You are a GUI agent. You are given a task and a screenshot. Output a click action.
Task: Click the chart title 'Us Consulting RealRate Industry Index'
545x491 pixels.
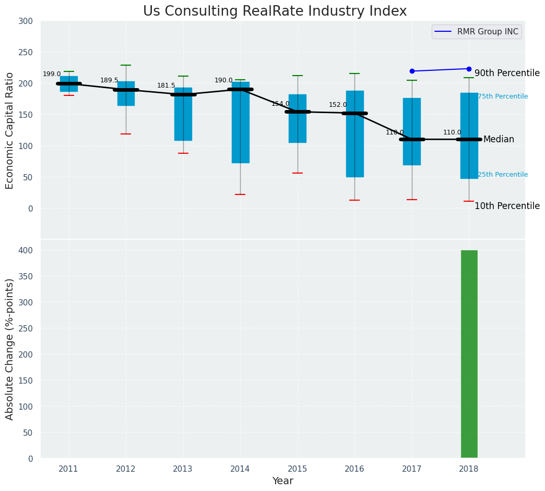(275, 11)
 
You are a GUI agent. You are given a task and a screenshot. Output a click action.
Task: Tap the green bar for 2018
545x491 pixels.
(469, 354)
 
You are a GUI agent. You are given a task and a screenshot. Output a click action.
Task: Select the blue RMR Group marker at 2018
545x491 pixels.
(469, 69)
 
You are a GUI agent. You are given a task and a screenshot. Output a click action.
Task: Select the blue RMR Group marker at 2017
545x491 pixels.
(412, 71)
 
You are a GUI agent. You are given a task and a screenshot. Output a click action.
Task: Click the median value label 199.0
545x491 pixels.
(52, 75)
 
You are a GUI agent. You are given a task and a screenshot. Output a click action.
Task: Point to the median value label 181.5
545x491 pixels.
(166, 86)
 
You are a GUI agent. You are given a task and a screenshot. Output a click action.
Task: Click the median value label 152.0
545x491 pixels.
(338, 105)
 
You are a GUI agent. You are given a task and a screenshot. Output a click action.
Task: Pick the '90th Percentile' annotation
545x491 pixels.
(507, 73)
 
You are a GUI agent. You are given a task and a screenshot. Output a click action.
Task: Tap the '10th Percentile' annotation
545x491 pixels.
(507, 206)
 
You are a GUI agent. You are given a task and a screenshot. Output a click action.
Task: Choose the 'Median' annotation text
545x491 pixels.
(499, 140)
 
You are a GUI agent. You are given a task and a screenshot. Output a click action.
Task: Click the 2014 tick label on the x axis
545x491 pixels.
(240, 469)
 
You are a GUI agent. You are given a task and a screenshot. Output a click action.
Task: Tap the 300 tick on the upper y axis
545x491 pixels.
(26, 21)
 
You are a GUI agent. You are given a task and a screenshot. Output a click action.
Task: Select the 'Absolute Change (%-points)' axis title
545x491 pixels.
(10, 349)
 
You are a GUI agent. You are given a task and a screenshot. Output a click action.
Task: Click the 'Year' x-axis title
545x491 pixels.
(282, 481)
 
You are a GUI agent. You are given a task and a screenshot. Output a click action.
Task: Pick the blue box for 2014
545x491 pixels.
(240, 122)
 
